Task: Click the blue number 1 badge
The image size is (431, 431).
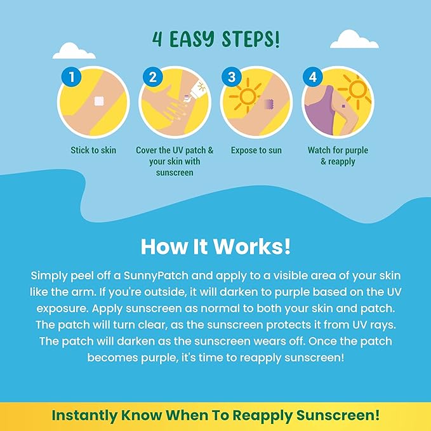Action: [71, 77]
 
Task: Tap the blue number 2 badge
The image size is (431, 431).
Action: [153, 77]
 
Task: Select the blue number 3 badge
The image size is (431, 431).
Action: [232, 77]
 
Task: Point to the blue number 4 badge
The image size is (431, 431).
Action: [313, 77]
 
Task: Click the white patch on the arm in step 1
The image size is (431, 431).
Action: [99, 101]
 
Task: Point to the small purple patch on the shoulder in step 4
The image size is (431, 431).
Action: [343, 105]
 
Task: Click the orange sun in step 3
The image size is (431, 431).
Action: [246, 95]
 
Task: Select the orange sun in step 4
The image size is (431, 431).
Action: [356, 90]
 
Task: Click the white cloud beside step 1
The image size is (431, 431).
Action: [74, 51]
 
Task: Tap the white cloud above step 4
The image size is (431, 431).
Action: [354, 39]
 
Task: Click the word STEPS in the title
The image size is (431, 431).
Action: [251, 39]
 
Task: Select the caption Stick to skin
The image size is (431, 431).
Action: [93, 150]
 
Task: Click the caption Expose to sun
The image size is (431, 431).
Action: [256, 150]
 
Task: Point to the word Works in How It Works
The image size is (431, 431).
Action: [252, 246]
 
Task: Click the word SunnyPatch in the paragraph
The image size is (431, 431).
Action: [156, 275]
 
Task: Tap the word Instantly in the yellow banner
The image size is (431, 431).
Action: [84, 415]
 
